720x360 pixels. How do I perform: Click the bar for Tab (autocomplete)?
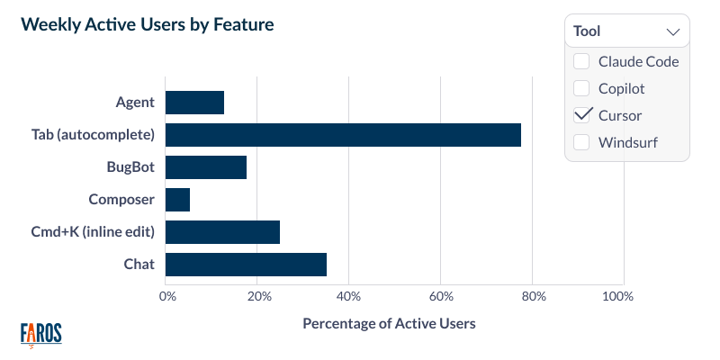pos(343,135)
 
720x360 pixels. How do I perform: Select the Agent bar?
pos(194,103)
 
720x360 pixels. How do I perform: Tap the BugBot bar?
pos(206,167)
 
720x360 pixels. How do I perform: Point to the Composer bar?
pos(178,200)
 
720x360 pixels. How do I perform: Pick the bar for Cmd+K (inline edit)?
pos(222,232)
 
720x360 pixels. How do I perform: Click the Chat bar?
pos(246,265)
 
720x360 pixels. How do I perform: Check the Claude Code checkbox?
pos(581,61)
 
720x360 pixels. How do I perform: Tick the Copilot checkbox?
pos(581,88)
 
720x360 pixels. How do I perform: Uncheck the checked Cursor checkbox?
pos(581,115)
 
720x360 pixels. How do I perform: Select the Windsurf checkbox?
pos(581,142)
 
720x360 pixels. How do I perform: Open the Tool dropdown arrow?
pos(672,31)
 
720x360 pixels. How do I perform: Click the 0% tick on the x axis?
pos(166,297)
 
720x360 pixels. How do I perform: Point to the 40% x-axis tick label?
pos(349,297)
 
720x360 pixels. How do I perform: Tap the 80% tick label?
pos(533,297)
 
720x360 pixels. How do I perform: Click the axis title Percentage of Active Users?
pos(389,323)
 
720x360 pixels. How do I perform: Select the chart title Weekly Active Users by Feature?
pos(147,25)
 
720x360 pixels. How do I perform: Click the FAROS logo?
pos(41,334)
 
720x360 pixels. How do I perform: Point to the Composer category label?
pos(121,200)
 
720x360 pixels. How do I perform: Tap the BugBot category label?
pos(130,167)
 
